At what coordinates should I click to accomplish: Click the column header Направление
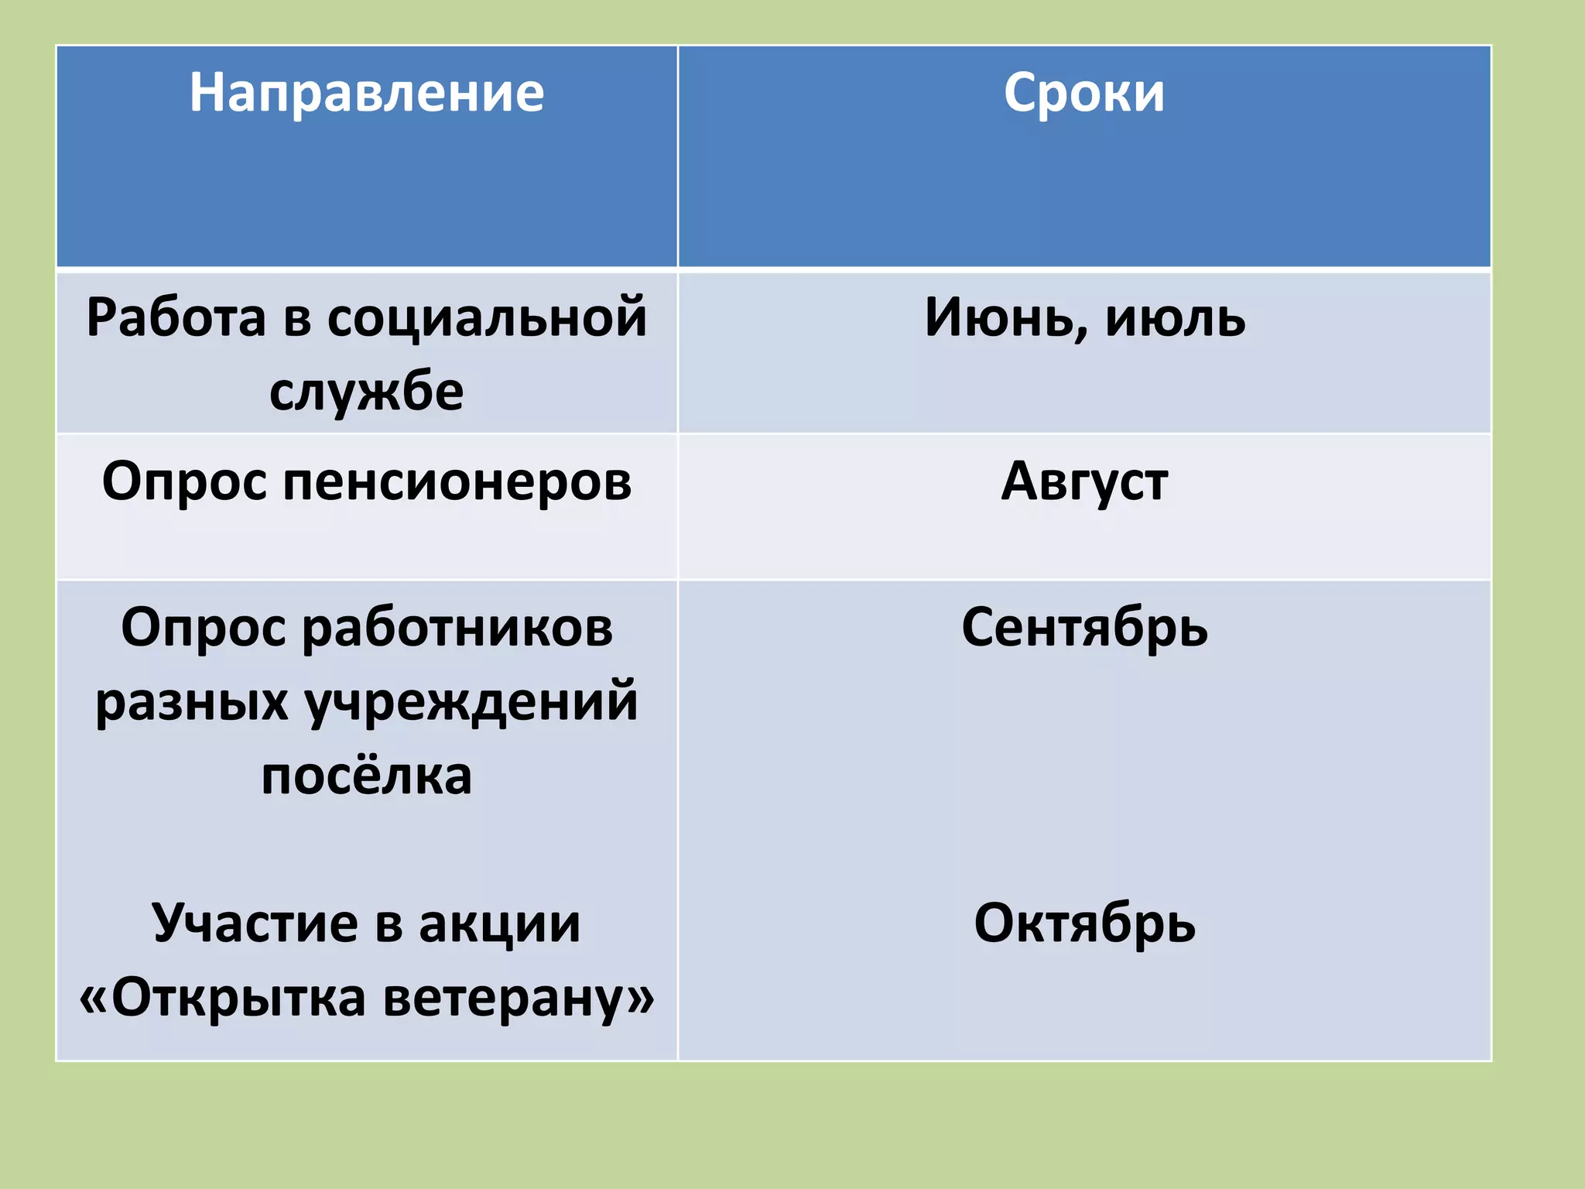[x=367, y=94]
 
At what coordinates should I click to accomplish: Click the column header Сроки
[x=1083, y=94]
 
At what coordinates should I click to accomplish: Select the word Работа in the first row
[x=176, y=317]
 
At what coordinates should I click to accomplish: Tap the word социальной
[x=487, y=317]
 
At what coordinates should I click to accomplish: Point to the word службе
[x=366, y=391]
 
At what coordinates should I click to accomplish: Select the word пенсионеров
[x=457, y=481]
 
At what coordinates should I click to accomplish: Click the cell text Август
[x=1084, y=481]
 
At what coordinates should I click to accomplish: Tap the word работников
[x=457, y=627]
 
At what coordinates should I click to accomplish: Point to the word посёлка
[x=366, y=776]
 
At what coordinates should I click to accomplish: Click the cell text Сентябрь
[x=1084, y=627]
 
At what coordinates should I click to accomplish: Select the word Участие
[x=255, y=923]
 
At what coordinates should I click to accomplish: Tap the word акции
[x=499, y=923]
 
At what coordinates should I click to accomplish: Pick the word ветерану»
[x=519, y=997]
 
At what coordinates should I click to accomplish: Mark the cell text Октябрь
[x=1084, y=923]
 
